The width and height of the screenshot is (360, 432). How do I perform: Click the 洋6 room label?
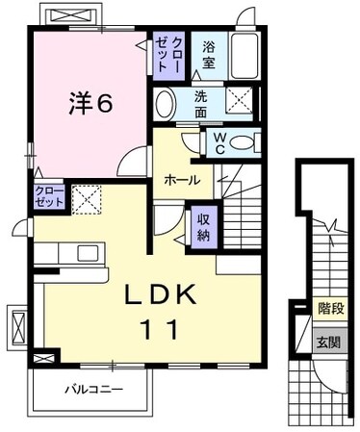coord(92,101)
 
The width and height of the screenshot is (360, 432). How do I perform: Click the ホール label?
coord(181,180)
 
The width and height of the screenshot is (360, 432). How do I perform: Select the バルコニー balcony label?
coord(94,391)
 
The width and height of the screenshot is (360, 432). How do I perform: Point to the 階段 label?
coord(330,309)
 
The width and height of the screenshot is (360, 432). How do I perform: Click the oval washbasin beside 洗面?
coord(165,104)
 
